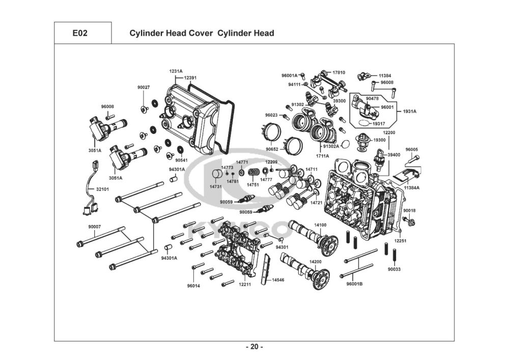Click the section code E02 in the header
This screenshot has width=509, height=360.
tap(80, 33)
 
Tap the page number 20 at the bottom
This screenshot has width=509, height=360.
tap(254, 347)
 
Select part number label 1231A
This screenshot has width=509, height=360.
tap(176, 71)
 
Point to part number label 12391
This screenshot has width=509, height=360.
tap(190, 78)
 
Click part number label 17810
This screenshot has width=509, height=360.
tap(339, 72)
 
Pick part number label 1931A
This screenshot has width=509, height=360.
tap(410, 112)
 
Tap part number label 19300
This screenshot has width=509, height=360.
tap(380, 140)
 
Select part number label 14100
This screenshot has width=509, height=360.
tap(320, 225)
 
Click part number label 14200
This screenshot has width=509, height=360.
tap(315, 262)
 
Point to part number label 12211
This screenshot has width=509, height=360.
tap(245, 285)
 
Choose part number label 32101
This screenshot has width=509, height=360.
tap(103, 189)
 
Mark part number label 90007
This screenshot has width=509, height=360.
tap(95, 227)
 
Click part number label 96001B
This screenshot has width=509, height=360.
tap(354, 284)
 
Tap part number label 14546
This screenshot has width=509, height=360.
tap(278, 280)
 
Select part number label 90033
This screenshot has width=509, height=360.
tap(394, 269)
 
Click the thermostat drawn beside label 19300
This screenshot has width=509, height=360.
tap(362, 142)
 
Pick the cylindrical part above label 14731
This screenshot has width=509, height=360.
tap(217, 174)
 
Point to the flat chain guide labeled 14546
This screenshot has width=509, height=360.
tap(267, 269)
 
